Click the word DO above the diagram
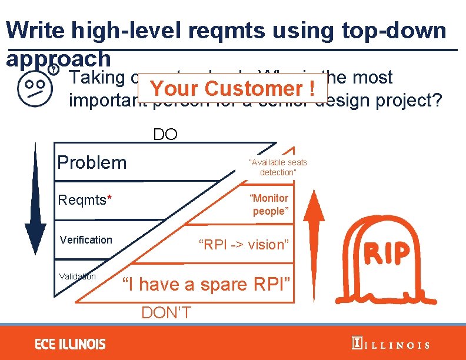tap(165, 134)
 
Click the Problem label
tap(92, 162)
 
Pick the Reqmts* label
tap(84, 201)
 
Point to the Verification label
tap(86, 239)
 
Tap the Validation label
tap(77, 276)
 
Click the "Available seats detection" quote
tap(278, 167)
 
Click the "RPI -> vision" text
tap(244, 244)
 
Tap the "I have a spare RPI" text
tap(206, 284)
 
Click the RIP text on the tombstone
tap(387, 254)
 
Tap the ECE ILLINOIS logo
tap(70, 344)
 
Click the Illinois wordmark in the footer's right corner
tap(391, 345)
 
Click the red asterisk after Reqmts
tap(109, 199)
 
